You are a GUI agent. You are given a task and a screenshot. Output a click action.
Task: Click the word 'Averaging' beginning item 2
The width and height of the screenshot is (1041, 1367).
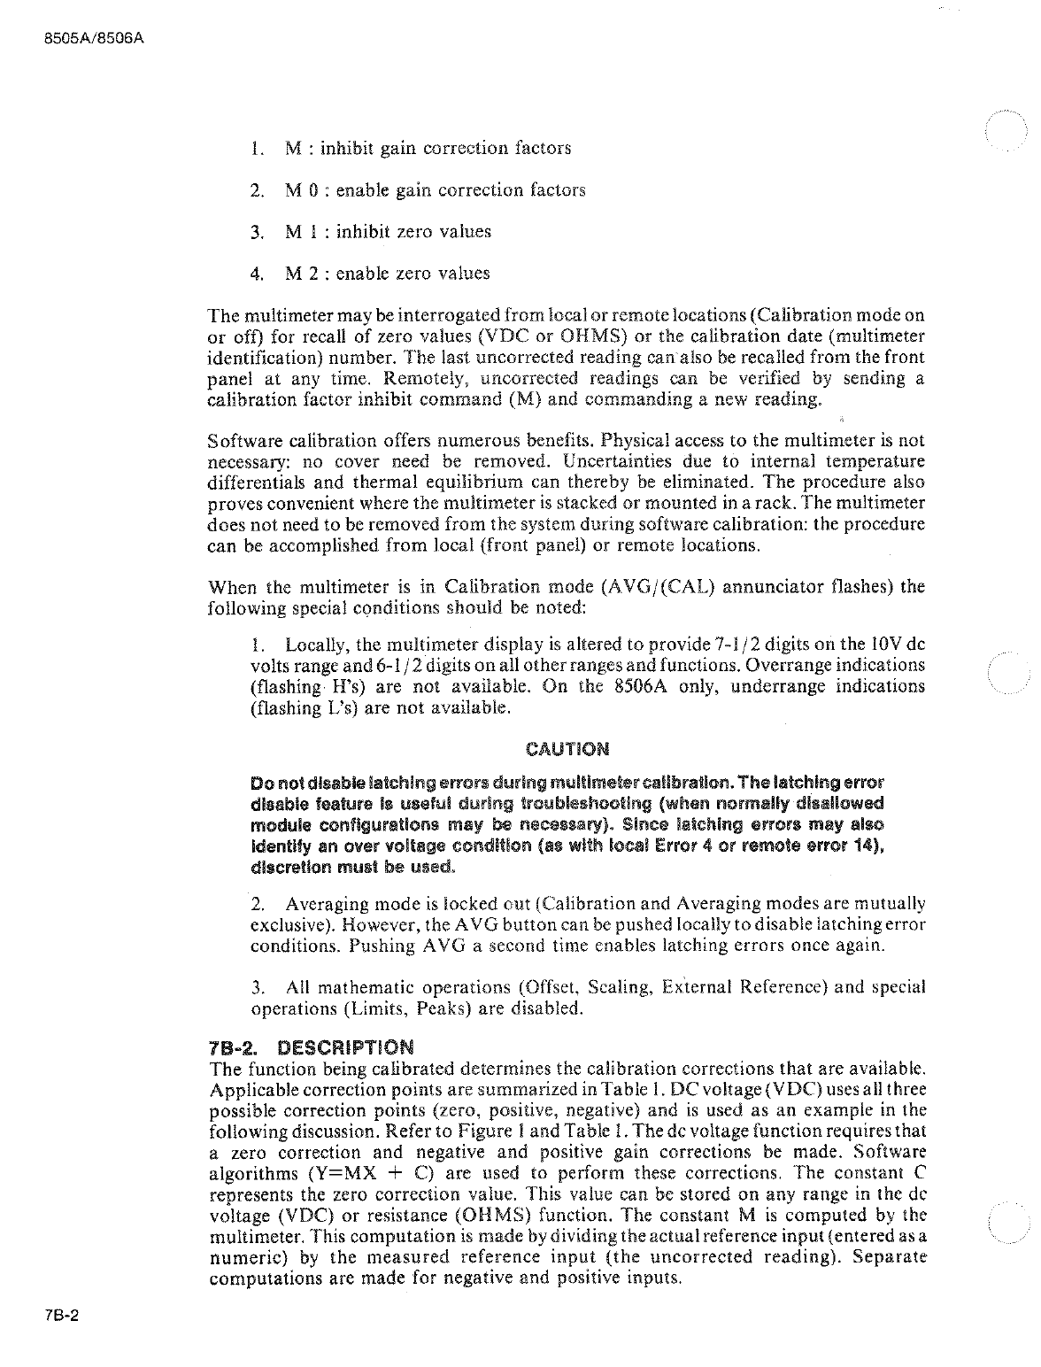tap(327, 904)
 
